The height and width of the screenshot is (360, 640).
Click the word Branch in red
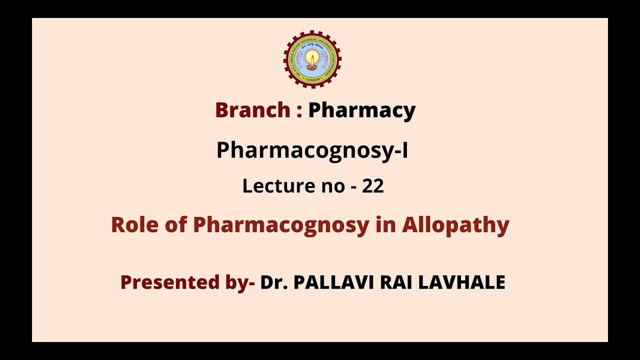click(x=252, y=110)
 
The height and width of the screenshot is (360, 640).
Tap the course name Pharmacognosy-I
click(x=312, y=150)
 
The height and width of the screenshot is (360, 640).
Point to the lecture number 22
click(x=373, y=186)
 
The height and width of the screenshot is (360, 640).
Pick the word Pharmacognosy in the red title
click(x=280, y=225)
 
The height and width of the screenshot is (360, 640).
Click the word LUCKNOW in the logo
click(x=312, y=78)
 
